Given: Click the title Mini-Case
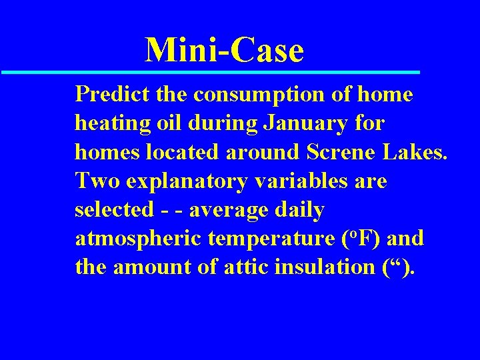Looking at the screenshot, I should click(225, 50).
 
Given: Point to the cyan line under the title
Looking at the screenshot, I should click(210, 71).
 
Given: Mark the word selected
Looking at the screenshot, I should click(113, 209).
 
